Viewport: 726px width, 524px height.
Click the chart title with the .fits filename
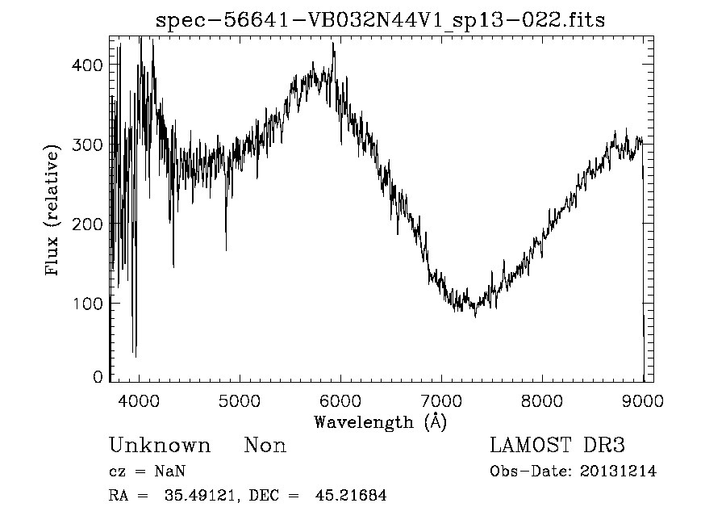point(380,19)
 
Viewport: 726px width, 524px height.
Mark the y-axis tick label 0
point(98,376)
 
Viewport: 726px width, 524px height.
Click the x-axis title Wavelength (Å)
point(380,421)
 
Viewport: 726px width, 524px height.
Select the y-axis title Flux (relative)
point(54,212)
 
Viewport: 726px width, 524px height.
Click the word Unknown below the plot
point(160,446)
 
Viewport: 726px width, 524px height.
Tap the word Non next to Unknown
point(265,446)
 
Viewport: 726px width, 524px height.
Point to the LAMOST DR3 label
point(557,446)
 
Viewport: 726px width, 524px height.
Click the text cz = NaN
point(148,472)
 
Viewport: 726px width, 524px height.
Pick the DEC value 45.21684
point(353,496)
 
